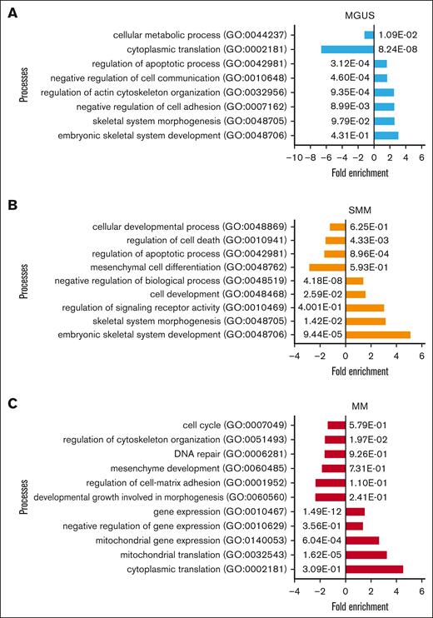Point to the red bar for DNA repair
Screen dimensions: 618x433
point(335,454)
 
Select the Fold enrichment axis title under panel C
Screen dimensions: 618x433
point(360,605)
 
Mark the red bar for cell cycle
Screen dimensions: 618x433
point(336,425)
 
